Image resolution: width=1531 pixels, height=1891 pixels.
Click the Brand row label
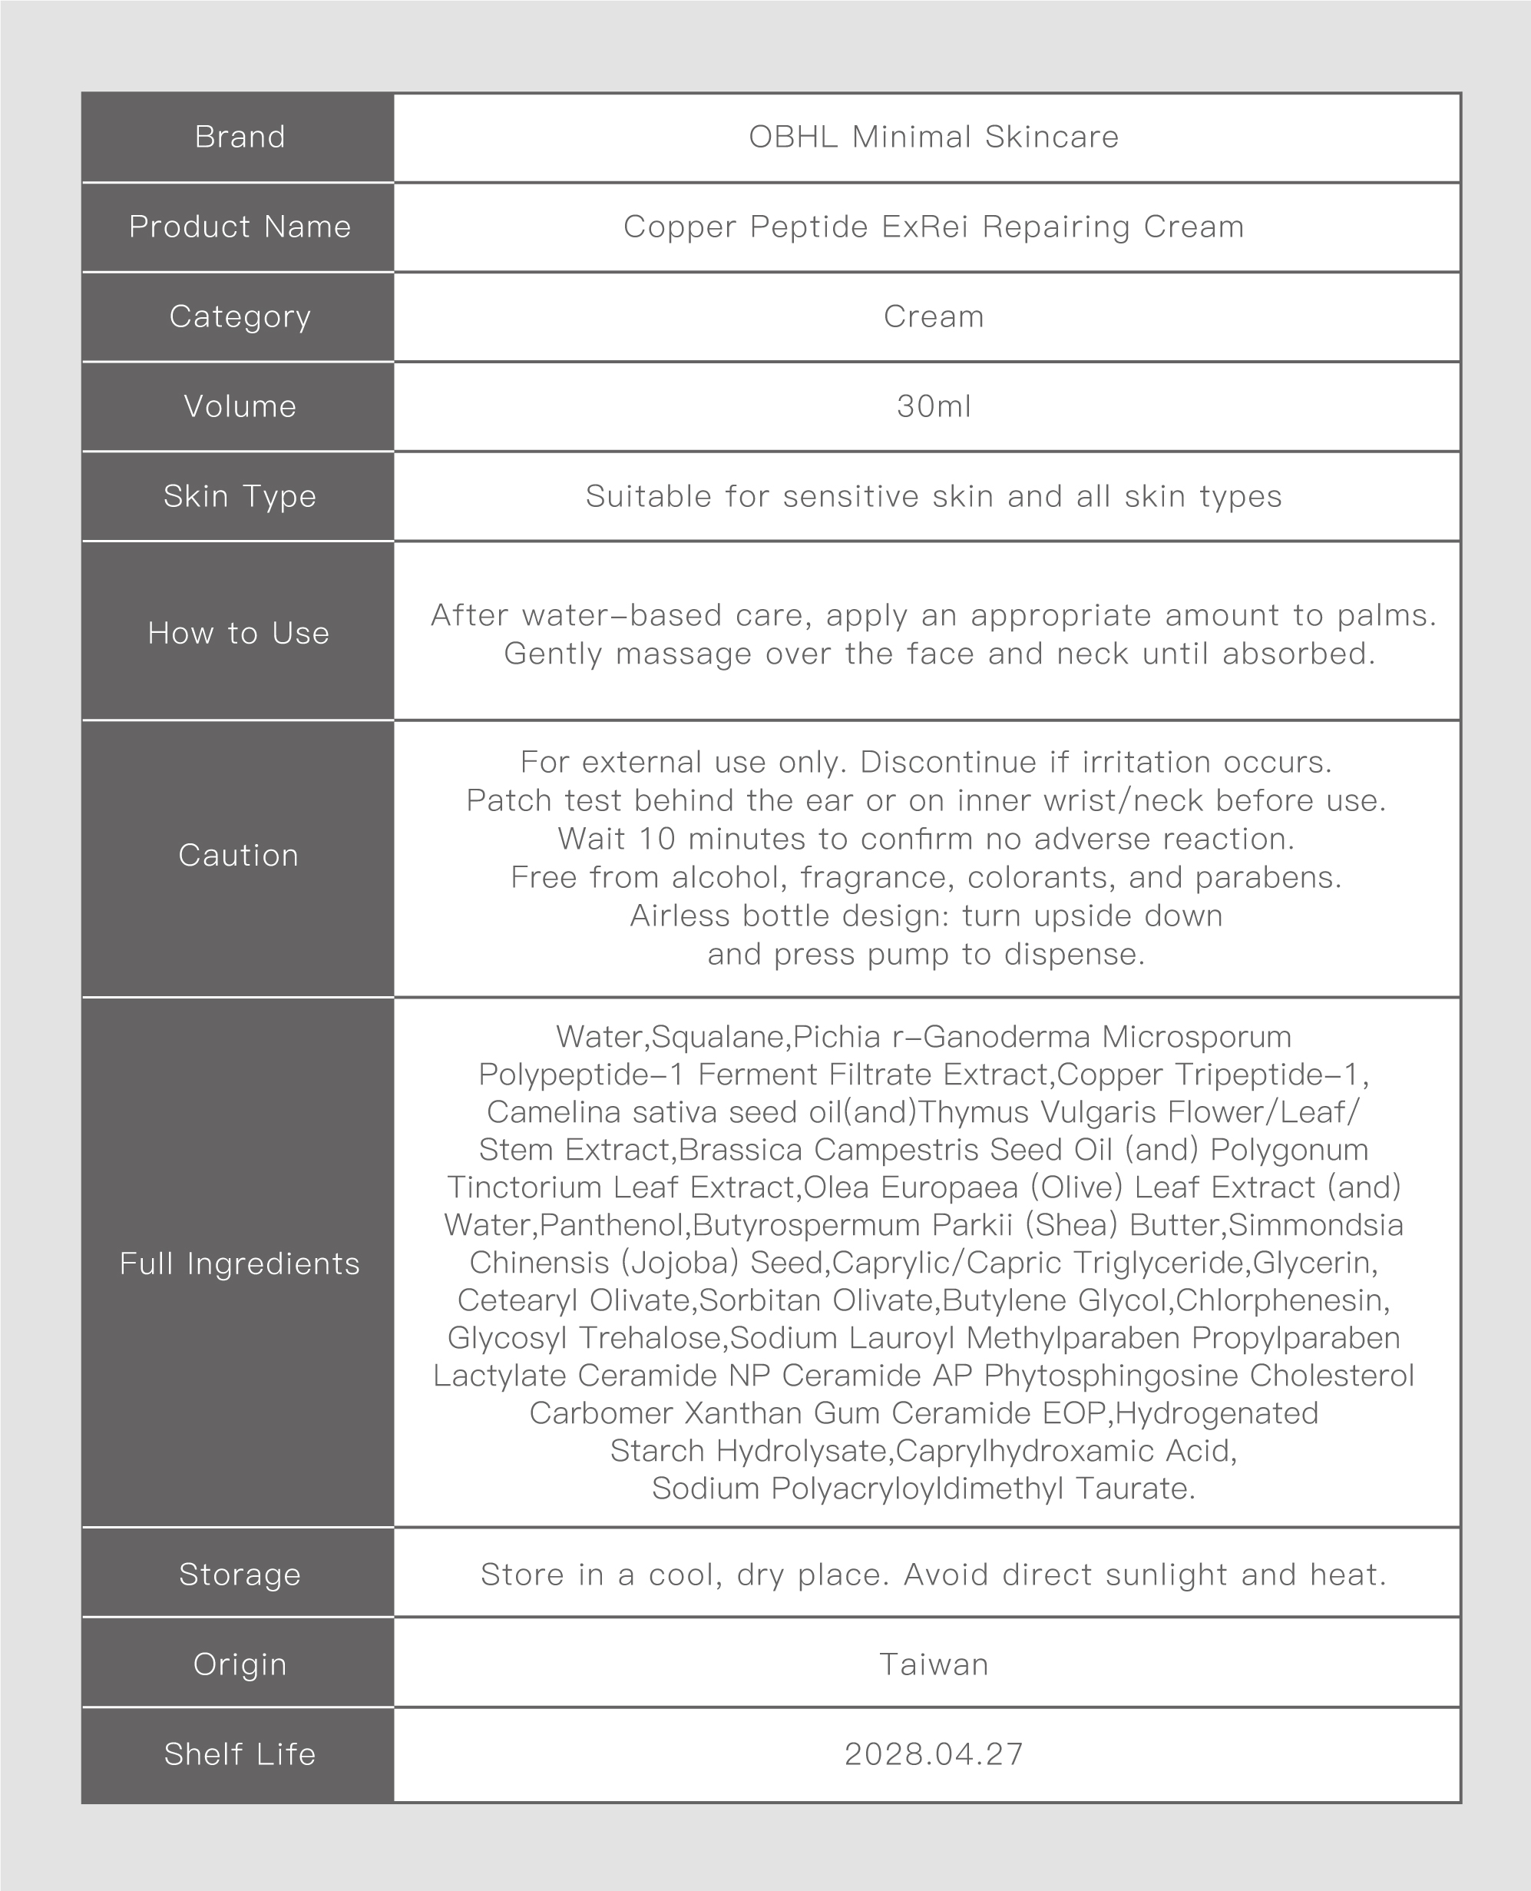239,137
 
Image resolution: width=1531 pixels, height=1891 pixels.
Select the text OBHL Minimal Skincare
933,137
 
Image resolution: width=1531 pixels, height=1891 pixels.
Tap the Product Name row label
239,227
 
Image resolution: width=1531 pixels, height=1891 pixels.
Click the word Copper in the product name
679,227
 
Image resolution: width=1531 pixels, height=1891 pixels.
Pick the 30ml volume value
933,406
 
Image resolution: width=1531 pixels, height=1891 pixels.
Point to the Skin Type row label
239,497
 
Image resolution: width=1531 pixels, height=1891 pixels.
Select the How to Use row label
238,633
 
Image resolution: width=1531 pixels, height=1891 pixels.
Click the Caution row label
238,856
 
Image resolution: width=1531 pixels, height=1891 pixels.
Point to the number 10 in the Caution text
658,839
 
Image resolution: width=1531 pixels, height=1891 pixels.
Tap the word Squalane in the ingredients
719,1037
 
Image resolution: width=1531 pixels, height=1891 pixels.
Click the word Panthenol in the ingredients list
615,1225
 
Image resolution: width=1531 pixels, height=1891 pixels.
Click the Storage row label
239,1575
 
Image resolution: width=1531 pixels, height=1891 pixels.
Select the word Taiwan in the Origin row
933,1664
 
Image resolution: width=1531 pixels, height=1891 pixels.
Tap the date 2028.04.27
933,1754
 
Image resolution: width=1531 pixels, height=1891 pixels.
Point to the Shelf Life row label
239,1754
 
